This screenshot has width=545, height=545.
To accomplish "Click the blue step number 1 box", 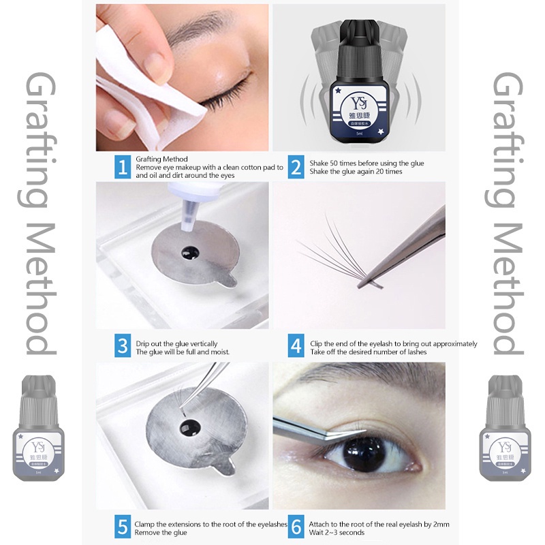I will (x=123, y=167).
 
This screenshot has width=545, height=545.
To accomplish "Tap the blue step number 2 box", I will (x=296, y=167).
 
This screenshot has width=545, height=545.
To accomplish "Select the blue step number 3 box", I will (x=123, y=346).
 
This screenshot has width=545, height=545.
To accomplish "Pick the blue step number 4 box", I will (x=296, y=346).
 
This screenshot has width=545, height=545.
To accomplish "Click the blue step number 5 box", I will (x=123, y=526).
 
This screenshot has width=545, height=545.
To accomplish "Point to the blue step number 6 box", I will (x=296, y=526).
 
